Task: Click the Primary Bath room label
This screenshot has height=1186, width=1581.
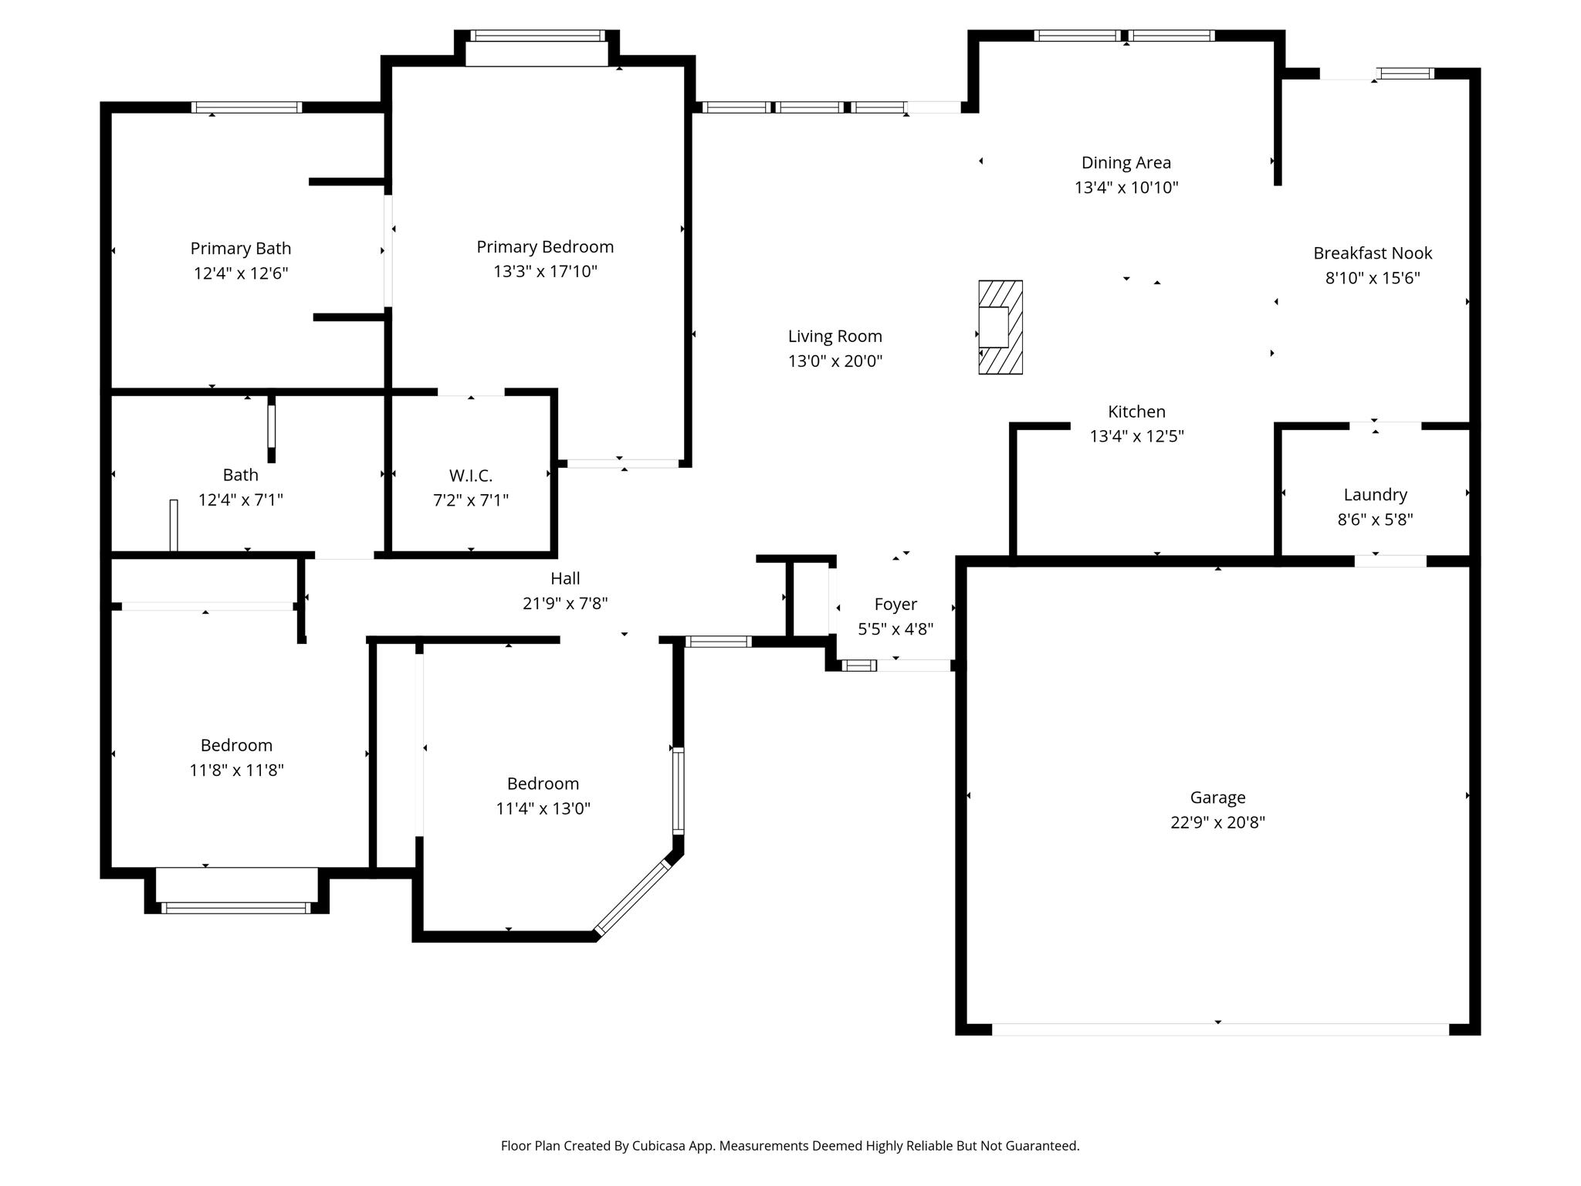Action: (240, 249)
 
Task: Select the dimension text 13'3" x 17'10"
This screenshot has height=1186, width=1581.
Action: (545, 272)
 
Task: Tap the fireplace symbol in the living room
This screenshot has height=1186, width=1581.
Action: (1000, 327)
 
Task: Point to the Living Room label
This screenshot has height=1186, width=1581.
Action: (835, 337)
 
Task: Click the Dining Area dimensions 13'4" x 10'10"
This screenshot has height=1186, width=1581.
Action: (1126, 188)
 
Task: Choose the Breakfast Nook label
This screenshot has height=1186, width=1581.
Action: (1372, 253)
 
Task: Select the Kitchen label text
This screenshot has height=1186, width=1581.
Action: (1136, 412)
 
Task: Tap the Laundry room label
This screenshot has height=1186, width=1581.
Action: (1375, 495)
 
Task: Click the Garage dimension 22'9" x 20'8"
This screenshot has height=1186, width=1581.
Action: (1217, 822)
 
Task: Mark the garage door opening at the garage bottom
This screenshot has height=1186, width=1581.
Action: (1219, 1029)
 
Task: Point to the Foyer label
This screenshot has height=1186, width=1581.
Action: (895, 605)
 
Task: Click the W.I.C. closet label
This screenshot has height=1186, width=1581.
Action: (470, 476)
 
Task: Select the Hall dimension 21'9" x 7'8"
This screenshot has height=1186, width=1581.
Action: (565, 604)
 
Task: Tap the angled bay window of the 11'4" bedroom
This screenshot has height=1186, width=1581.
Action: (632, 897)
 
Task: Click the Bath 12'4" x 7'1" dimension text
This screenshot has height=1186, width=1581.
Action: (240, 500)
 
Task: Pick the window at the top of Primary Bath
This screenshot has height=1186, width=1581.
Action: (246, 107)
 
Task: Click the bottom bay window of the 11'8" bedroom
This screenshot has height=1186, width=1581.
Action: (235, 908)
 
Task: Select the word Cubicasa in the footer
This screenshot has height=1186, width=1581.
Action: (660, 1146)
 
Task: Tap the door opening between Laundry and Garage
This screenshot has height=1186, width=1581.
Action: (1390, 561)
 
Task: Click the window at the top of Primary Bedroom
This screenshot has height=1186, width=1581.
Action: (537, 36)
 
